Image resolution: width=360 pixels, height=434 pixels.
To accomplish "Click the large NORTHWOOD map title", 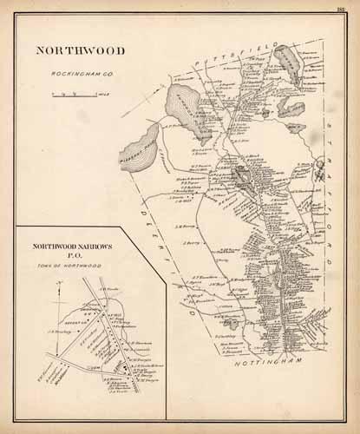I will (81, 50).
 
